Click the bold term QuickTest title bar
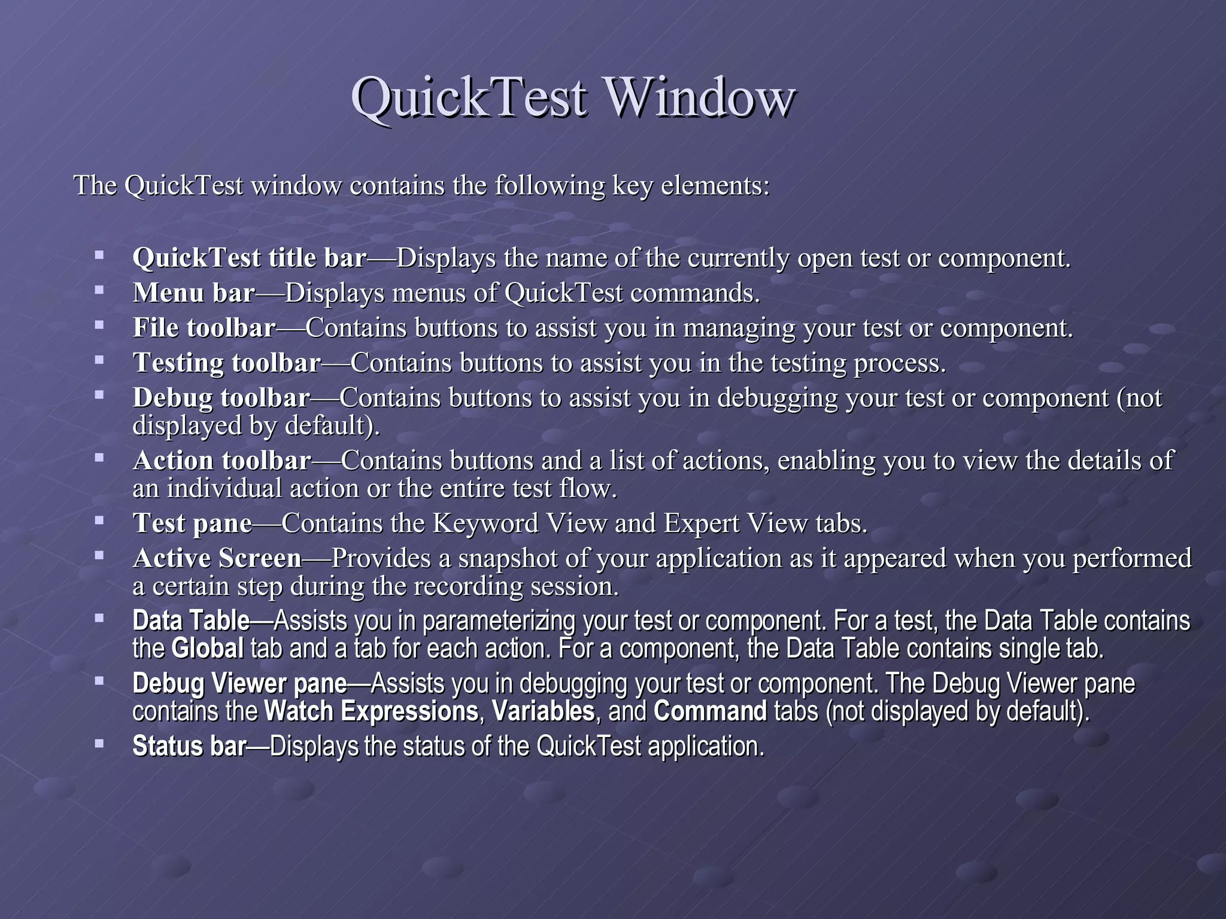(x=250, y=258)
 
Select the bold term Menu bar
(x=194, y=293)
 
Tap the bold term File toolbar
(x=204, y=328)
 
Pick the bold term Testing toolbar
(x=227, y=363)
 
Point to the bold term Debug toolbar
(x=221, y=398)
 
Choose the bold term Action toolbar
(x=222, y=461)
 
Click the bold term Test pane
(x=192, y=524)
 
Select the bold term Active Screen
(x=217, y=558)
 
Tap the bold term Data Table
(x=191, y=621)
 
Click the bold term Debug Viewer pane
(x=239, y=684)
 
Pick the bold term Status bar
(x=189, y=747)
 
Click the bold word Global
(x=207, y=649)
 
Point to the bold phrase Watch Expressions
(x=371, y=712)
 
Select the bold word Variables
(x=543, y=712)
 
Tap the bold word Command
(x=710, y=712)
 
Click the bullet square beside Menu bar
(x=99, y=291)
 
